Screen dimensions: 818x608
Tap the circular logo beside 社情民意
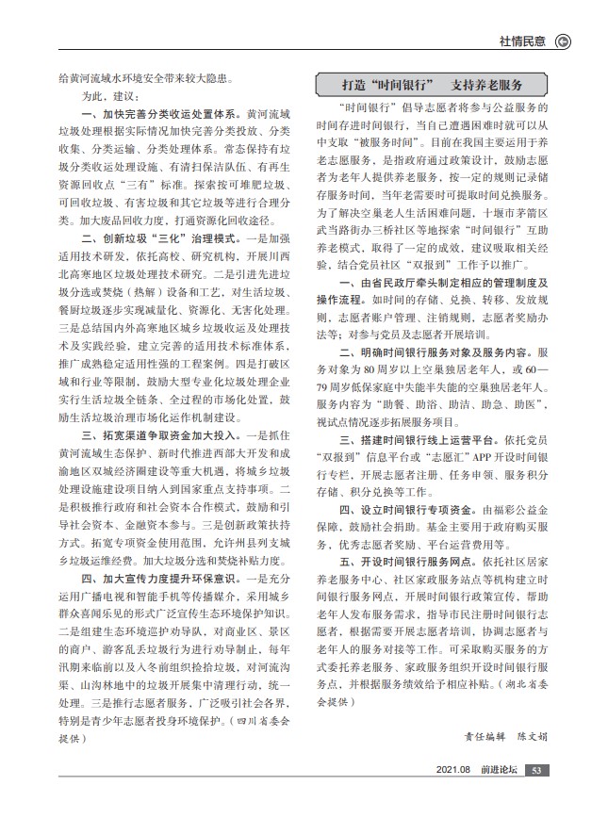565,41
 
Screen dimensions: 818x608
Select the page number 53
535,796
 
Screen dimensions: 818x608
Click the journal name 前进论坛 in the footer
498,796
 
